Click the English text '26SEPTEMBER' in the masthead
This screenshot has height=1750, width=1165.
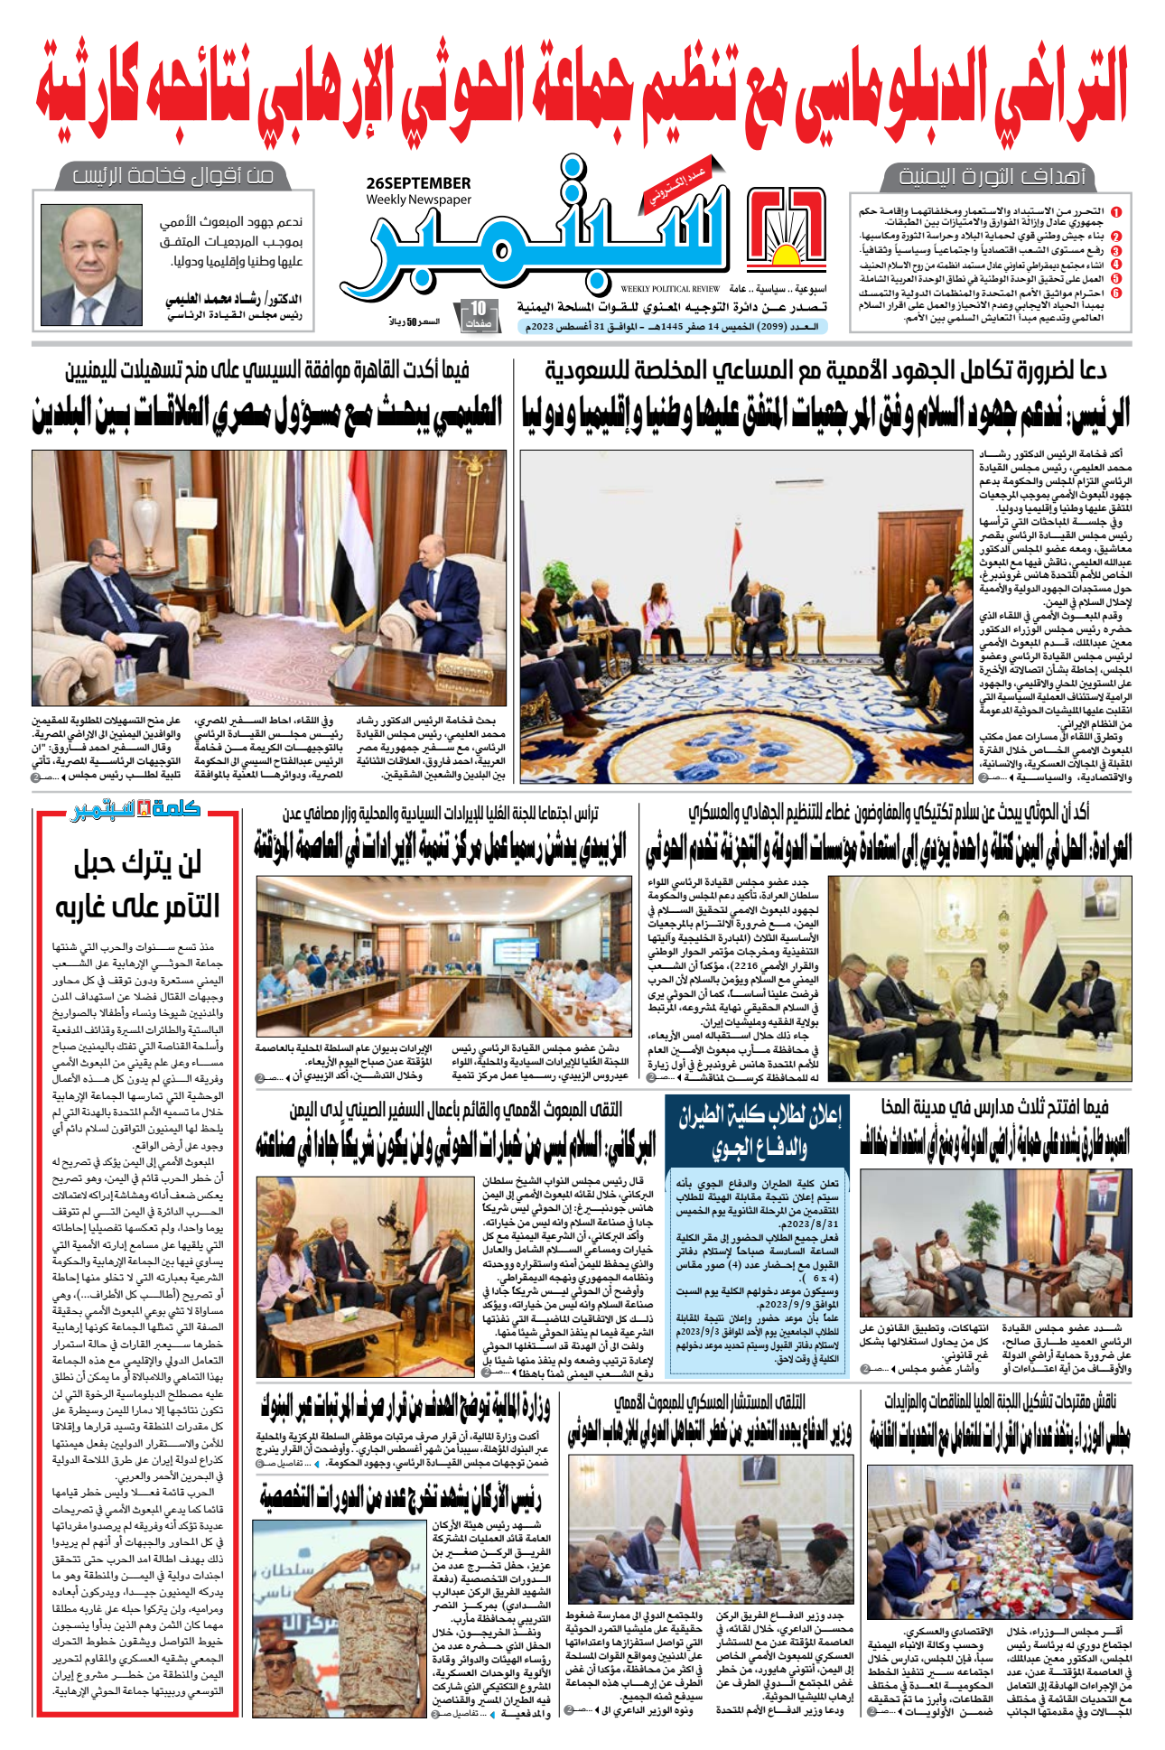coord(418,183)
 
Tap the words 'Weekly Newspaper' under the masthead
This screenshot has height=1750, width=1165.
coord(418,200)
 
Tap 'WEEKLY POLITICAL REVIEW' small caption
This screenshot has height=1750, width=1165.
coord(669,289)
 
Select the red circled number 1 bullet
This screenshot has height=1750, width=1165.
coord(1116,212)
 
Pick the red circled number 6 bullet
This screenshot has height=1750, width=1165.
coord(1116,293)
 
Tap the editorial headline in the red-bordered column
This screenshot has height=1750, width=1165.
coord(137,884)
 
